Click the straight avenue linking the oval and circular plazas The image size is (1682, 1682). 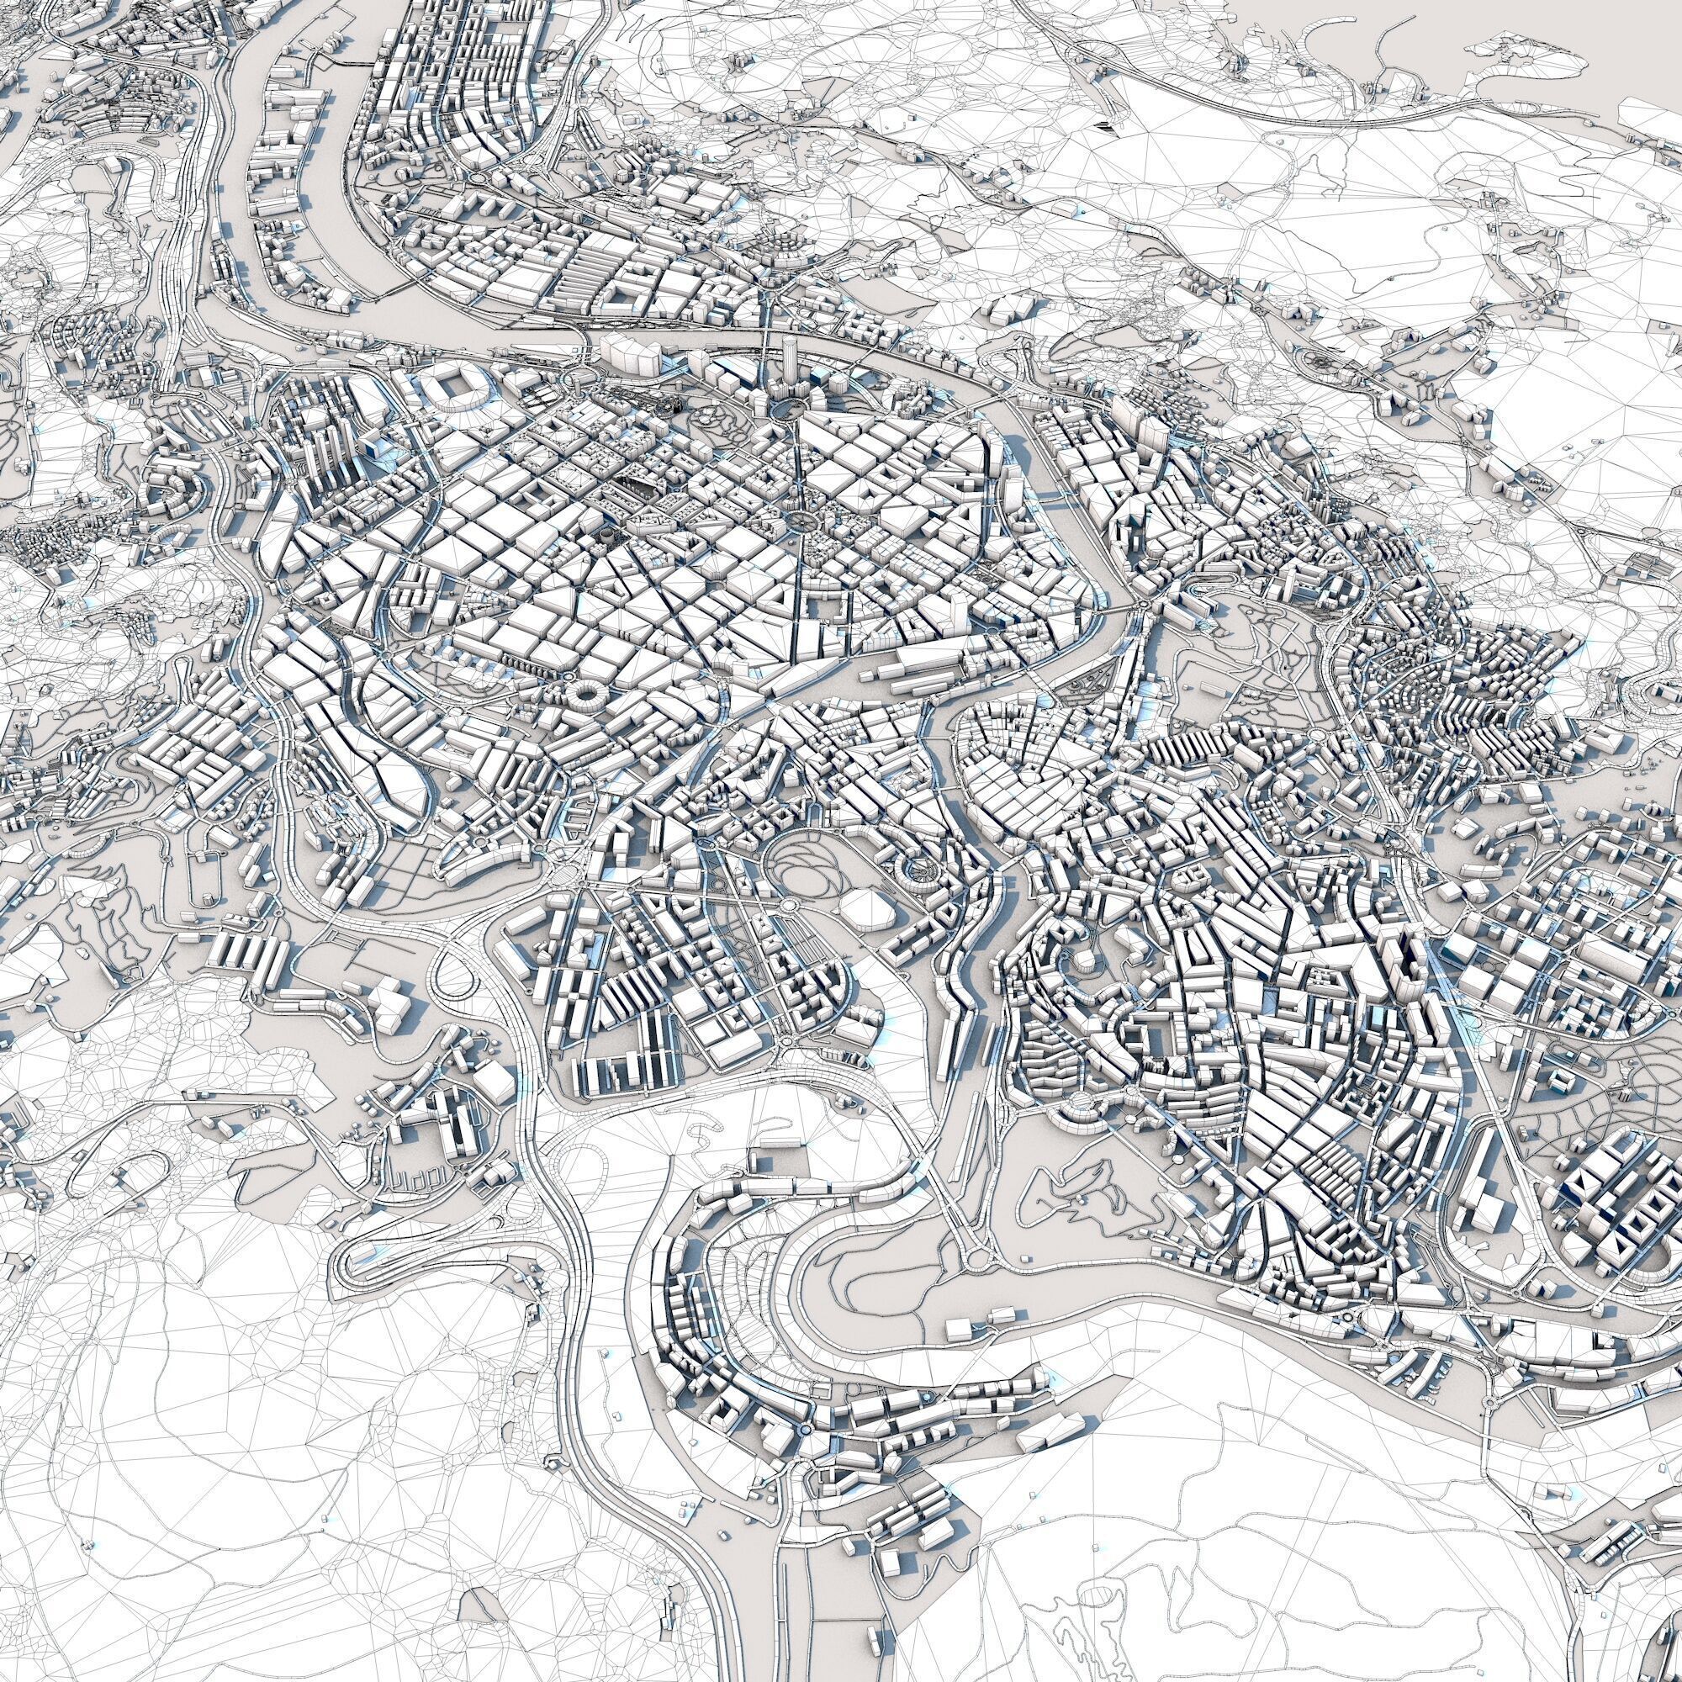tap(796, 466)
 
